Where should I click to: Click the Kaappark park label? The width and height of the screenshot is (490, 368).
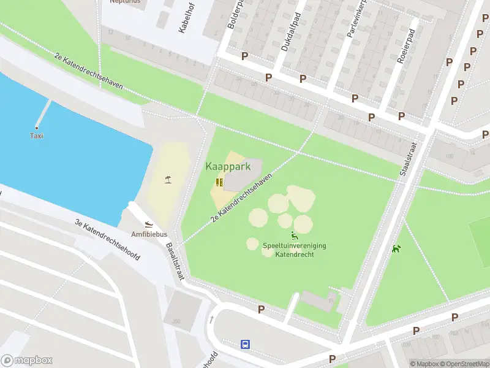pos(228,166)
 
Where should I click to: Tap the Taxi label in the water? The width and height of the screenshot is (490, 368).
pos(37,136)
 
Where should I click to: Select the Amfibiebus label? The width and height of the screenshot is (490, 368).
pos(149,234)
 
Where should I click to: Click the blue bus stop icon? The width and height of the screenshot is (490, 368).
pos(246,344)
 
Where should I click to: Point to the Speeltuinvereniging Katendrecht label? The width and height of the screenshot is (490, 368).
pos(294,250)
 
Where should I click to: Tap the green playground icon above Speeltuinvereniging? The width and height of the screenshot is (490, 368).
pos(294,236)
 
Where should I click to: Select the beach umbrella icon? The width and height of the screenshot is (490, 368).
pos(167,180)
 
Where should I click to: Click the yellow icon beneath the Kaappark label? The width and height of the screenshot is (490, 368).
pos(219,182)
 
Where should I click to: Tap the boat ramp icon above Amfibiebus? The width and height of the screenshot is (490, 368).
pos(149,224)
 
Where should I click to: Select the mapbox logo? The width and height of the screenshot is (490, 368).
pos(27,361)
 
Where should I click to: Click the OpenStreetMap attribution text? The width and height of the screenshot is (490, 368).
pos(465,364)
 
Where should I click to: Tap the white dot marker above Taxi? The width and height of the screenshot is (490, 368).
pos(37,127)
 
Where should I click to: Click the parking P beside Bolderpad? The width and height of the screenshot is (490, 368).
pos(245,56)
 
